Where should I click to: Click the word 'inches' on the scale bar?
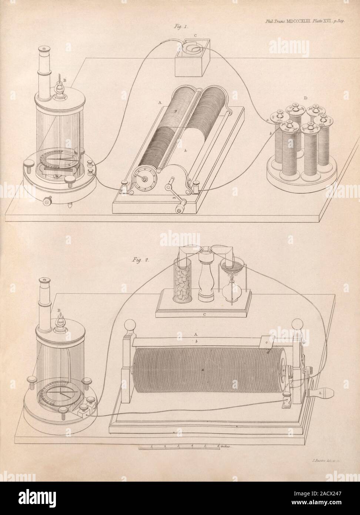[224, 447]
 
